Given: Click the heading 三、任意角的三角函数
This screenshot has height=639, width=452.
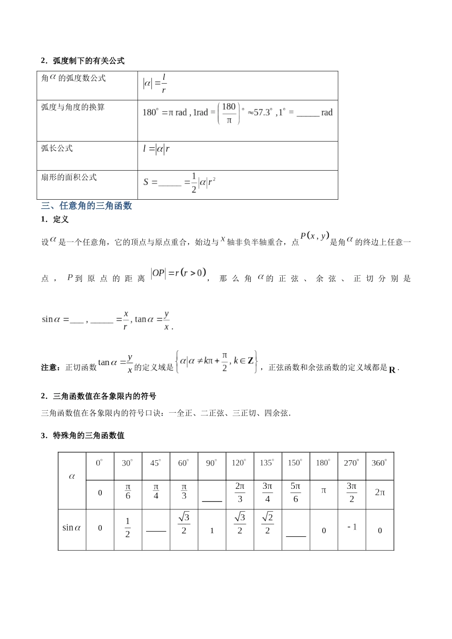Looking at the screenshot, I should click(x=87, y=206).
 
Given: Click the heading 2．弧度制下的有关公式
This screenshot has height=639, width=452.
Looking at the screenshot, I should click(x=83, y=61).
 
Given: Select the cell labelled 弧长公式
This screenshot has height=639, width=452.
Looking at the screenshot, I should click(x=57, y=148).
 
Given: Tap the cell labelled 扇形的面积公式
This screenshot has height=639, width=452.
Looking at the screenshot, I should click(x=69, y=177).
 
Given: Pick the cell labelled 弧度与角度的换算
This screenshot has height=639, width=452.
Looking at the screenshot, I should click(x=73, y=107).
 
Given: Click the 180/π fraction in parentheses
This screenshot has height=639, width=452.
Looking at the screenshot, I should click(x=229, y=113).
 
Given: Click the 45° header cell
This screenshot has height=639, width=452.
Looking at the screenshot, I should click(x=156, y=463).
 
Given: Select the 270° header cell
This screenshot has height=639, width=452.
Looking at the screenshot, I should click(x=352, y=463).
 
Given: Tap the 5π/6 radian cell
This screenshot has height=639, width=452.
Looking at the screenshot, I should click(x=295, y=493).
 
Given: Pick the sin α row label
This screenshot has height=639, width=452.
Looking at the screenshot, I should click(x=72, y=528).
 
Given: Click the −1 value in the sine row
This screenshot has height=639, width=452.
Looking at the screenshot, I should click(x=352, y=527).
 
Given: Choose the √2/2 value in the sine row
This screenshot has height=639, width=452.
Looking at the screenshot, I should click(x=267, y=523).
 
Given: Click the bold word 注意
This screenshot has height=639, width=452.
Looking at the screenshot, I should click(x=49, y=368).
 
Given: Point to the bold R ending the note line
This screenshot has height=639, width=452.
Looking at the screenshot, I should click(x=392, y=369).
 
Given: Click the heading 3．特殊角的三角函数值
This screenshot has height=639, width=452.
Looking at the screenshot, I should click(x=83, y=436).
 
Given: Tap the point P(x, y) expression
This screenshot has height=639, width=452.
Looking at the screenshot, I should click(x=314, y=236).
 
